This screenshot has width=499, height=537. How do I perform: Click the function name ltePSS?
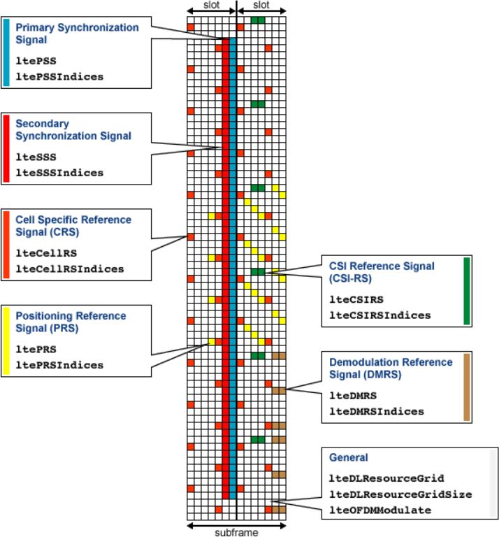click(x=36, y=62)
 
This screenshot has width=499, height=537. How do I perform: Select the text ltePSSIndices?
click(x=59, y=77)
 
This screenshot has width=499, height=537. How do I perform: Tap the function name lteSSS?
click(x=36, y=157)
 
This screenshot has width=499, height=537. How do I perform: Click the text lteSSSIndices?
click(x=59, y=173)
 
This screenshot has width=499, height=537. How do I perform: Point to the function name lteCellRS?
click(x=46, y=253)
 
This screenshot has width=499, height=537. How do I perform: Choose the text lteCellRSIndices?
click(x=70, y=268)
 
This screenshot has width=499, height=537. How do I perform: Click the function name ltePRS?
click(x=36, y=350)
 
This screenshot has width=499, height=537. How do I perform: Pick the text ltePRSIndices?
click(x=59, y=365)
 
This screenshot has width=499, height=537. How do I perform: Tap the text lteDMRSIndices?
click(x=377, y=411)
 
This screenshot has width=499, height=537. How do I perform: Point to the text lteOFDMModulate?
click(x=379, y=510)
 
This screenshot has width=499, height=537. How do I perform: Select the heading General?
click(x=348, y=458)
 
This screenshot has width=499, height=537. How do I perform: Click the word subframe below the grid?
click(x=237, y=532)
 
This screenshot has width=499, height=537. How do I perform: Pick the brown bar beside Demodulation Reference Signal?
click(x=467, y=388)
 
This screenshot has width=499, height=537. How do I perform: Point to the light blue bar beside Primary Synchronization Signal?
click(x=6, y=52)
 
